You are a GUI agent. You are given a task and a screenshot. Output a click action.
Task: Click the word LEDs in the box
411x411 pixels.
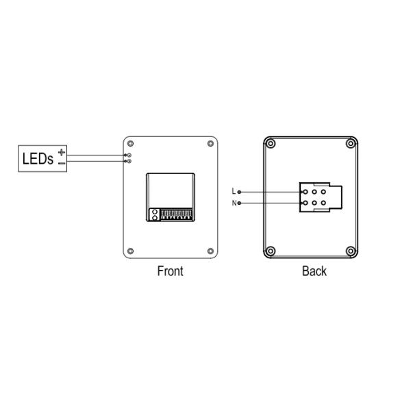tap(38, 158)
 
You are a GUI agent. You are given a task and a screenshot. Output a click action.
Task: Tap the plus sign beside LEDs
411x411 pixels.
tap(62, 152)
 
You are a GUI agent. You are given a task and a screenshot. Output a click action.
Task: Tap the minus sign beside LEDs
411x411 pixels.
tap(62, 163)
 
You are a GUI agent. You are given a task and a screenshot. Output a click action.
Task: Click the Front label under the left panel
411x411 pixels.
tap(170, 271)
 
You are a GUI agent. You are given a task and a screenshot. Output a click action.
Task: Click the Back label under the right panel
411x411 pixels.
tap(314, 271)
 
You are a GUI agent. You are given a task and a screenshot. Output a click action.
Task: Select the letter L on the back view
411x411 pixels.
tap(234, 191)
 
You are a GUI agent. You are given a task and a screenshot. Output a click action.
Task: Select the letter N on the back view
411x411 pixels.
tap(234, 203)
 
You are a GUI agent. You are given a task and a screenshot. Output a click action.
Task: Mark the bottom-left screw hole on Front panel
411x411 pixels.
tap(131, 250)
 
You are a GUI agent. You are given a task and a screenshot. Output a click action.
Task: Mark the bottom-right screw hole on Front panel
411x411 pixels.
tap(210, 250)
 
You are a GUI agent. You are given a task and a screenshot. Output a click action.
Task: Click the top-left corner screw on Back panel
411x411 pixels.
tap(271, 144)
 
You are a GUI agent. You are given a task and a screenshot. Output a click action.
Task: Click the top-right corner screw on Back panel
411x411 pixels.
tap(351, 144)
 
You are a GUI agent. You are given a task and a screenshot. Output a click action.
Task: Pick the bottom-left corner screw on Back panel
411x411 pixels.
tap(271, 250)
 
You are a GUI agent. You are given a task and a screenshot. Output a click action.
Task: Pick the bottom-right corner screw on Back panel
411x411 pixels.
tap(351, 250)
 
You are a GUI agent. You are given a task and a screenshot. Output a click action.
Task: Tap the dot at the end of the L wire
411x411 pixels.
tap(239, 191)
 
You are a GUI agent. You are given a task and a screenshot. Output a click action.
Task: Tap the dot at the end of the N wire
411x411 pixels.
tap(239, 203)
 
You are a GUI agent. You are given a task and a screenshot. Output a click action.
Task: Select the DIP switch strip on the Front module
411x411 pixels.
tap(175, 214)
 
